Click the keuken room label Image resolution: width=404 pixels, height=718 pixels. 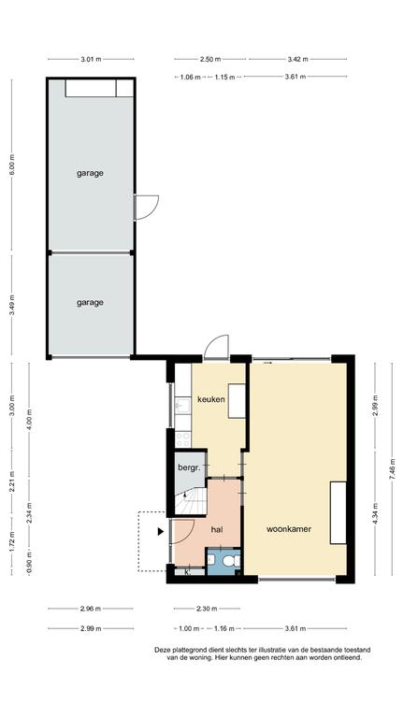[211, 399]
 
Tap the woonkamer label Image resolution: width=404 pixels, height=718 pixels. [289, 529]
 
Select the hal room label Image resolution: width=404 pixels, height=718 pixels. [217, 529]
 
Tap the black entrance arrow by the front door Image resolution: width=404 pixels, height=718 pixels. [161, 532]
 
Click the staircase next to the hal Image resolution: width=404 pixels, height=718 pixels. [191, 500]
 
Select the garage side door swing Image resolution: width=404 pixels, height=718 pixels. [147, 208]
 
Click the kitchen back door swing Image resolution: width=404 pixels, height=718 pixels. [216, 347]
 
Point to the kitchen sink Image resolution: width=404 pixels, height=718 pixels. [182, 405]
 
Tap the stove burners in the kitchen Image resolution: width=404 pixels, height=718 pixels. [182, 439]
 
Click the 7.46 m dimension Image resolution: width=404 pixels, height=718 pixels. [392, 469]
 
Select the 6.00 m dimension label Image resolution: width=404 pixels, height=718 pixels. [12, 165]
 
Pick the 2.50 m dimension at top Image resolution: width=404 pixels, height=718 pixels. [210, 59]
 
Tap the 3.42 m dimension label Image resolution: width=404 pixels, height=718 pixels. [297, 59]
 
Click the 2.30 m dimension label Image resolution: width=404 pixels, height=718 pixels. [207, 609]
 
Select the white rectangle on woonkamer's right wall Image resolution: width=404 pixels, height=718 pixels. [339, 513]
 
